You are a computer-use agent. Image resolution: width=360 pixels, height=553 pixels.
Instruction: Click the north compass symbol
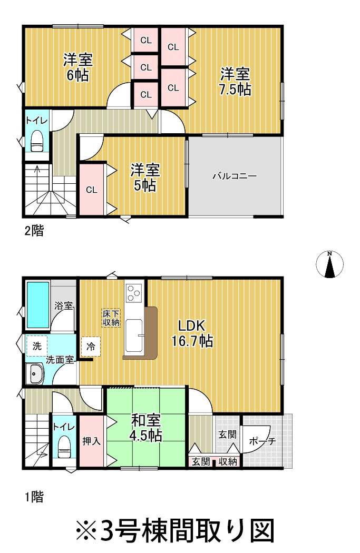(329, 264)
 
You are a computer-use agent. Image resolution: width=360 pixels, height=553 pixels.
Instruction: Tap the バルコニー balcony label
(235, 176)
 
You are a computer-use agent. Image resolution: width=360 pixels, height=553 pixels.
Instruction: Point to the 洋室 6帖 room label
(78, 67)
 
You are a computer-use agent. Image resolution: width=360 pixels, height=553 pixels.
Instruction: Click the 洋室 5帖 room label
(145, 177)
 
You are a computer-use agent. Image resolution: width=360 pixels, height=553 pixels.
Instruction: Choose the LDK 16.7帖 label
(192, 333)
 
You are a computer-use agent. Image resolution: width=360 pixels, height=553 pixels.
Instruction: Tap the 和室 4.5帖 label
(146, 428)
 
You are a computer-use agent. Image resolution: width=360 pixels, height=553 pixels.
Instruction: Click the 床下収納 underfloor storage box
(111, 318)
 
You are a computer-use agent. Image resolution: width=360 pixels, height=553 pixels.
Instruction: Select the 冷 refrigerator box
(91, 347)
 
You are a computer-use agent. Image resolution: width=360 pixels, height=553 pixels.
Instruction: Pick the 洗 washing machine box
(37, 345)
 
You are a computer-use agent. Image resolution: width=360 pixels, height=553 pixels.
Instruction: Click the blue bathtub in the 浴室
(38, 305)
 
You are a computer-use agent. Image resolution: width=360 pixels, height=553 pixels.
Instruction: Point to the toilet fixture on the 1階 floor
(64, 447)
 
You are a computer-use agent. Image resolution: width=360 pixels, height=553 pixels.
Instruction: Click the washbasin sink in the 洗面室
(34, 373)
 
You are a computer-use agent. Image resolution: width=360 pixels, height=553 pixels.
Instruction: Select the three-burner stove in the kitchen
(134, 293)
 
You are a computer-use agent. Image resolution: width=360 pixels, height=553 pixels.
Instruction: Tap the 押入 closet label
(91, 441)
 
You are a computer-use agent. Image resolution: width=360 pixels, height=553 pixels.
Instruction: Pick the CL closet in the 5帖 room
(92, 190)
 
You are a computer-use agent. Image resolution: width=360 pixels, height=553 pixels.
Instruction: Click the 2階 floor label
(34, 231)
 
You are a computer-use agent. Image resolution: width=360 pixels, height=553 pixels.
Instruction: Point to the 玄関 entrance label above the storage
(227, 434)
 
